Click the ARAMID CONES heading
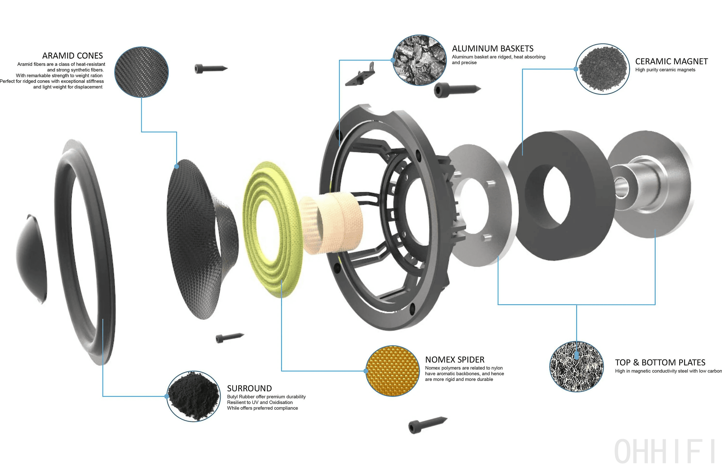[72, 56]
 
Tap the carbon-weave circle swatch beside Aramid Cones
[141, 72]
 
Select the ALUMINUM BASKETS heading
[493, 49]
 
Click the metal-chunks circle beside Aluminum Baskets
[419, 60]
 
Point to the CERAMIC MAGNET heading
[671, 62]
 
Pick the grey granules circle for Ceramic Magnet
[602, 69]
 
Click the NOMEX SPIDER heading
[455, 360]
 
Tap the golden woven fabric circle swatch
[392, 371]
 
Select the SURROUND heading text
[249, 388]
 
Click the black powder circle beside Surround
[193, 396]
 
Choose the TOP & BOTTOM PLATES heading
[660, 363]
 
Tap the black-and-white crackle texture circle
[576, 367]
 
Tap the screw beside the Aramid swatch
[210, 69]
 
